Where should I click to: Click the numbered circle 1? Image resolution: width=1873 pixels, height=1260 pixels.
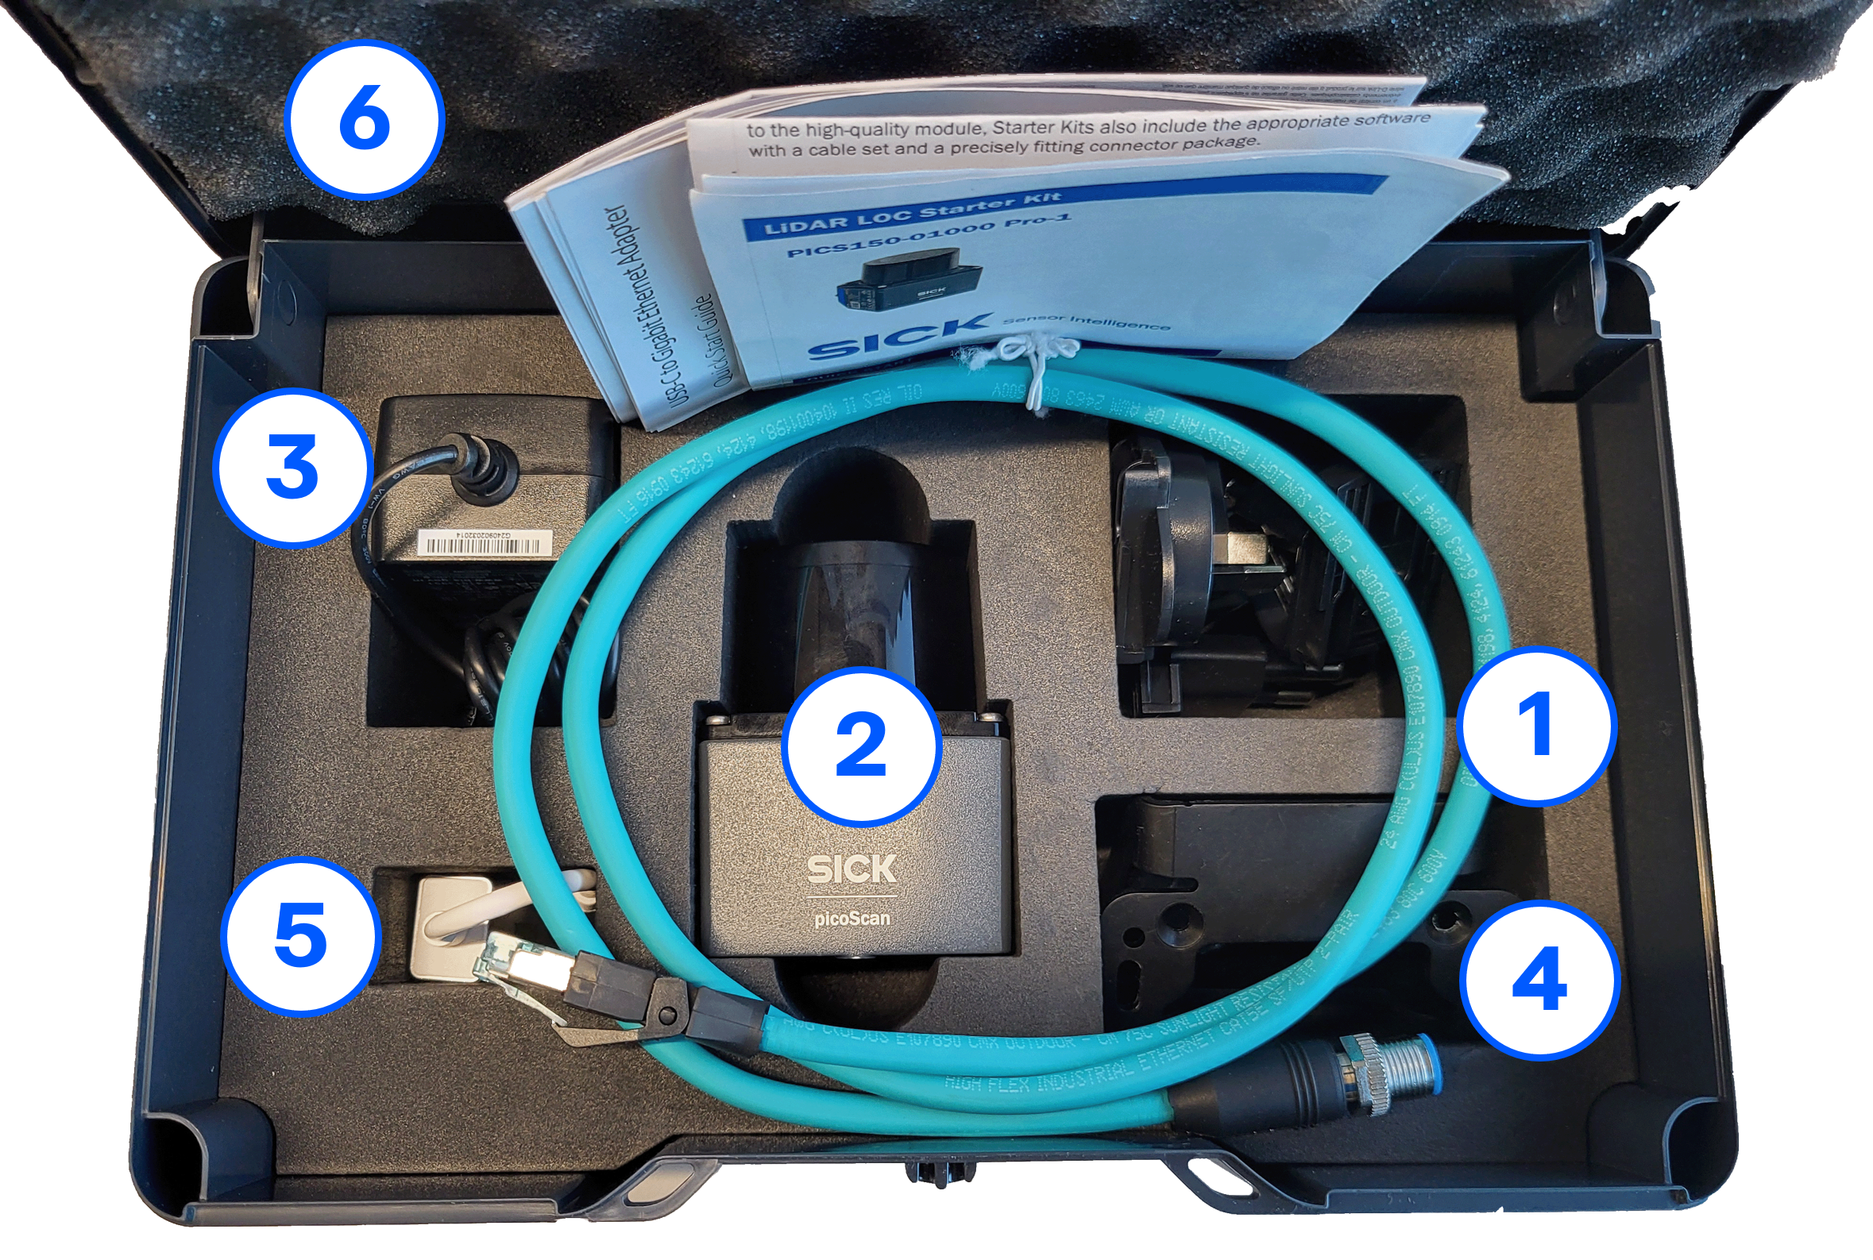1536,726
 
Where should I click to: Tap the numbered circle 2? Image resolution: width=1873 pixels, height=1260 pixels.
862,746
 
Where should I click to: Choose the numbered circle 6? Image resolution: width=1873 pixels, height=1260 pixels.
365,121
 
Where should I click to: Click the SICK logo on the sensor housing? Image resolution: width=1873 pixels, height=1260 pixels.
852,869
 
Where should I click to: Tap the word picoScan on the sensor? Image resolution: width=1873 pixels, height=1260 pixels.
852,918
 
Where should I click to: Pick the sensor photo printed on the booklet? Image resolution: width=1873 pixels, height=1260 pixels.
909,285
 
